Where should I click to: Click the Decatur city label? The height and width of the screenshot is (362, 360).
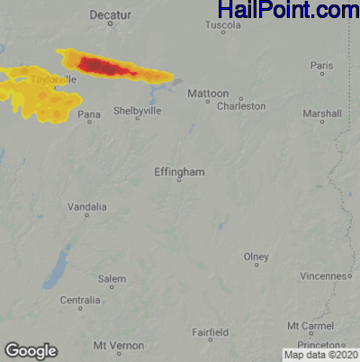(x=112, y=15)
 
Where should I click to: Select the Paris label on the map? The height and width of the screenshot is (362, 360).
(x=321, y=66)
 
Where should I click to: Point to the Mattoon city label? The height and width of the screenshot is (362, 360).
(x=208, y=94)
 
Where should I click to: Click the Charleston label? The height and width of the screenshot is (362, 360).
(x=241, y=106)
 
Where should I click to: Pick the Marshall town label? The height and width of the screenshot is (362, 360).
(x=322, y=114)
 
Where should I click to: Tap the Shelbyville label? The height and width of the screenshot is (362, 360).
(x=137, y=111)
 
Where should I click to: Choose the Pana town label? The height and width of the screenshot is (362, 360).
(x=88, y=115)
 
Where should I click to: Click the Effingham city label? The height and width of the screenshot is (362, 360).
(x=179, y=171)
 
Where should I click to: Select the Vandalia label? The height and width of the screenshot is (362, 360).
(x=87, y=207)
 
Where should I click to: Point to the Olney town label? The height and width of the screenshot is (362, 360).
(x=256, y=257)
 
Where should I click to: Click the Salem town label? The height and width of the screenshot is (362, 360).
(x=112, y=279)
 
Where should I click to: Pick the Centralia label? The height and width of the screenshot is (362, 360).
(x=80, y=300)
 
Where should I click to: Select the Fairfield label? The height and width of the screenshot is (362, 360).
(x=210, y=331)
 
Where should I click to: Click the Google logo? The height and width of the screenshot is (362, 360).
(x=31, y=350)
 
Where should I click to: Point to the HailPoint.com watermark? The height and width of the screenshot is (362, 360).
(x=288, y=11)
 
